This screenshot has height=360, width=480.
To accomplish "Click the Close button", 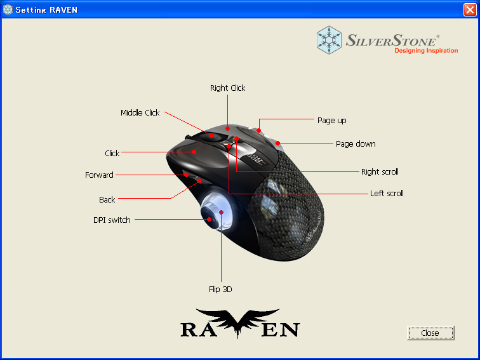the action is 430,333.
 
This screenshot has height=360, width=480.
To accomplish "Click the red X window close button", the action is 470,10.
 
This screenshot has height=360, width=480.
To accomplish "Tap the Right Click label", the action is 227,88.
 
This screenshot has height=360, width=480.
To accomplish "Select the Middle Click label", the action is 140,112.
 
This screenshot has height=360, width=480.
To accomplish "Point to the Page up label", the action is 332,121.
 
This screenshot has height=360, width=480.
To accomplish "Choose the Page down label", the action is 356,144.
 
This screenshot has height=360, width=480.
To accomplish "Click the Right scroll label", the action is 380,171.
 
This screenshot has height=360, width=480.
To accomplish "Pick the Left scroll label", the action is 387,194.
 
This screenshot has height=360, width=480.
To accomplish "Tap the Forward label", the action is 99,175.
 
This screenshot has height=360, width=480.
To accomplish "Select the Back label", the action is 107,200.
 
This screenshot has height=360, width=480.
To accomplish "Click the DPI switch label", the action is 112,220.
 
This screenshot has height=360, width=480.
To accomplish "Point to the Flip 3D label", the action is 220,290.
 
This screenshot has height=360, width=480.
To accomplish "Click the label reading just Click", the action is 112,154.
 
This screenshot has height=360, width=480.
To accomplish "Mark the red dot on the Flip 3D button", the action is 222,212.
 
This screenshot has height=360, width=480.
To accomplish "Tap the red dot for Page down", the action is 277,143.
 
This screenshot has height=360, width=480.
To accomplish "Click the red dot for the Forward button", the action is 186,175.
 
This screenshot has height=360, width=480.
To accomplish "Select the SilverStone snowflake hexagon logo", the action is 329,40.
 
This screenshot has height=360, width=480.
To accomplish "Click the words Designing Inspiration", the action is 426,51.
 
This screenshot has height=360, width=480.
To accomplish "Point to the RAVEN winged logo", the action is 240,323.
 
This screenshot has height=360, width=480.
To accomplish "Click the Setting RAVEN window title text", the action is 46,10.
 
